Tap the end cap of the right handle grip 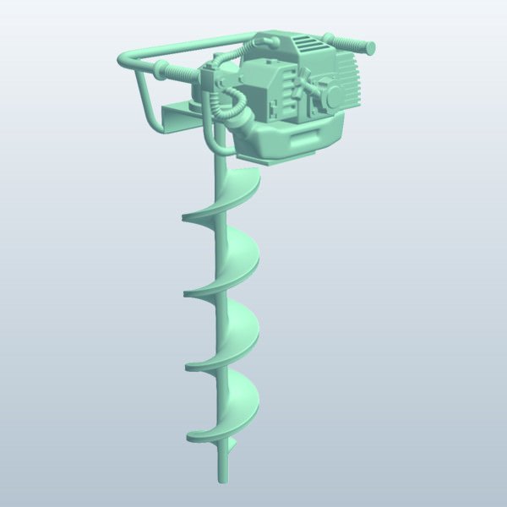[371, 47]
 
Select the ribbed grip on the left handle [177, 74]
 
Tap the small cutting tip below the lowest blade [232, 444]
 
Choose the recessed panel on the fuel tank [300, 140]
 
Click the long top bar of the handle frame [186, 46]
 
